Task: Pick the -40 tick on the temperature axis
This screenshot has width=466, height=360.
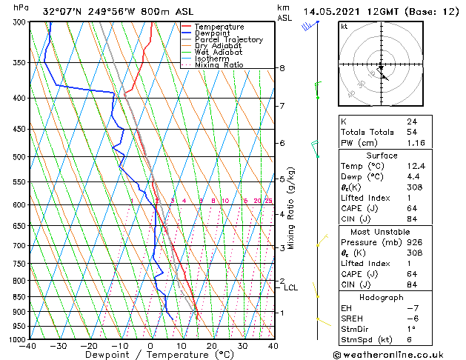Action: pos(28,346)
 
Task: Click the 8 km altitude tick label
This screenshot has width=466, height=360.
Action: pos(282,68)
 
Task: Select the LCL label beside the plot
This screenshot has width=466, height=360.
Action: pos(291,287)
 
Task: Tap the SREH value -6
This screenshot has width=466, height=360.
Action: pos(411,318)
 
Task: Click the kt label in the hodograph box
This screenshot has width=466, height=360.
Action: pos(344,26)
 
